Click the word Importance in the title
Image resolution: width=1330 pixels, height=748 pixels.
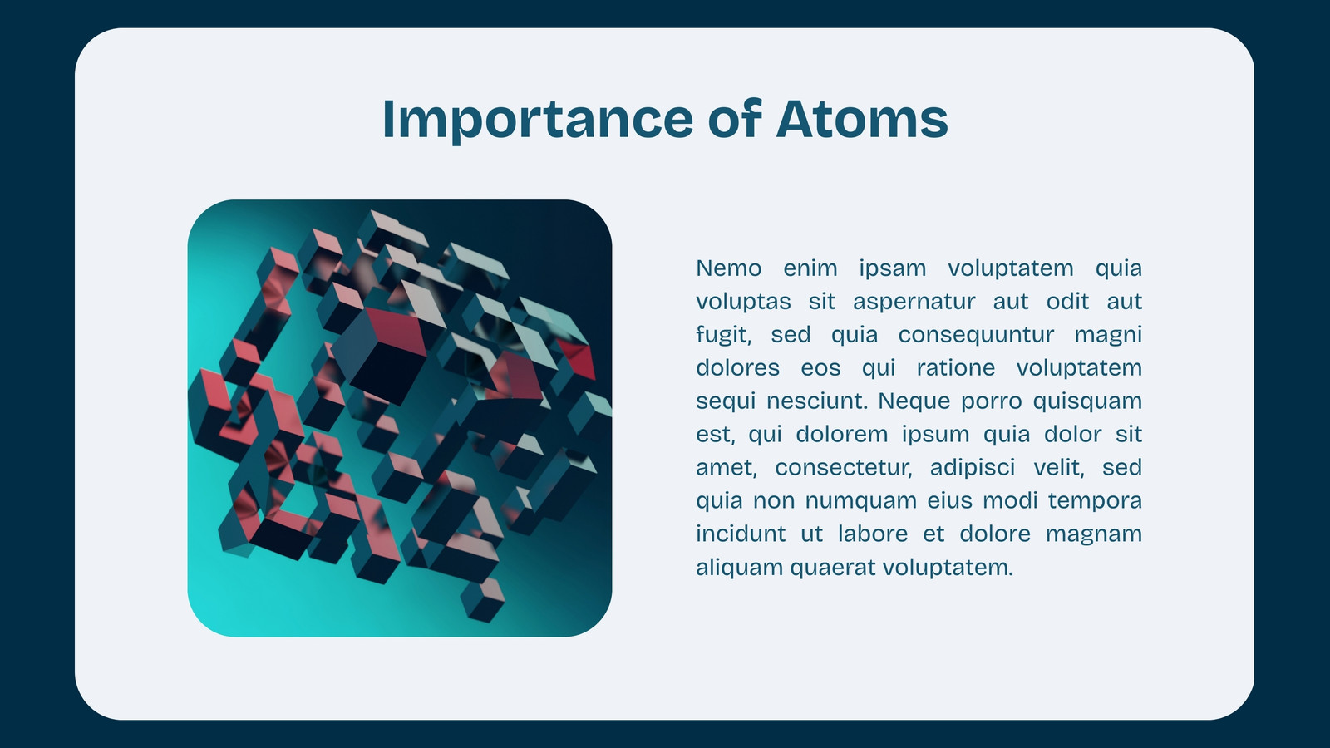click(538, 121)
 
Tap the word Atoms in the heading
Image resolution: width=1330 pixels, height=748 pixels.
click(862, 120)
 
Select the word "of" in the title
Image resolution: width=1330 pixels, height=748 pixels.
click(735, 118)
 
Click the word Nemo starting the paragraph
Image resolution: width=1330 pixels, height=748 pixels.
click(728, 268)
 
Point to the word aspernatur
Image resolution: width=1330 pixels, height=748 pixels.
click(914, 303)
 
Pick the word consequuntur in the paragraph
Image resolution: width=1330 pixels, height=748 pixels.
click(976, 336)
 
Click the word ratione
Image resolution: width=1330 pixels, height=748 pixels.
click(956, 368)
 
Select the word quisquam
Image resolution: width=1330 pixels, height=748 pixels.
click(1087, 402)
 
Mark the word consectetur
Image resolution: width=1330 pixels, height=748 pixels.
click(844, 468)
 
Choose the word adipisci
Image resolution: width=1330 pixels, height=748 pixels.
click(973, 469)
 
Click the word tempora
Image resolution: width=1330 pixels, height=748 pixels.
click(1095, 502)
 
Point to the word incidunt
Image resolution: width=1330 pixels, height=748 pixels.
click(741, 534)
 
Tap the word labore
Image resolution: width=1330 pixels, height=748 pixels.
click(873, 534)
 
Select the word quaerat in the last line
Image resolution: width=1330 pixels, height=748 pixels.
click(835, 568)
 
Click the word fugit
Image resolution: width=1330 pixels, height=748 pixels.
click(724, 336)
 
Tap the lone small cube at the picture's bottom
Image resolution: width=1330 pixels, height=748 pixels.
click(483, 599)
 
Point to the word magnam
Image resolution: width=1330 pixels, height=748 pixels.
click(1094, 535)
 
